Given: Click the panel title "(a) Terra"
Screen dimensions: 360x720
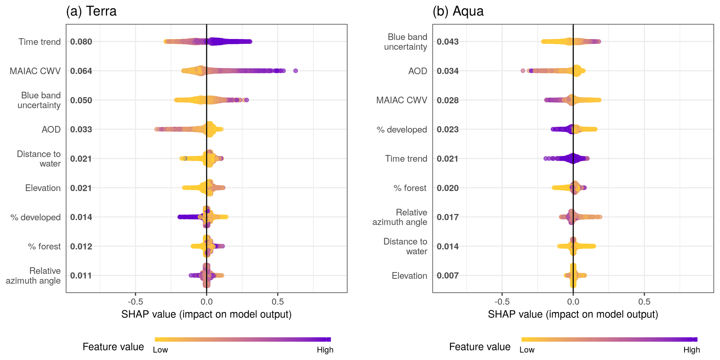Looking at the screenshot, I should coord(91,11).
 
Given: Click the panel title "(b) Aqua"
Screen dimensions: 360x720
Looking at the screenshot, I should coord(458,11).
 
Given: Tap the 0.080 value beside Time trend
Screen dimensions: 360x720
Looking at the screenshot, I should coord(81,42).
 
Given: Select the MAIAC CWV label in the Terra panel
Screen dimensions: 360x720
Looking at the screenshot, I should coord(35,71).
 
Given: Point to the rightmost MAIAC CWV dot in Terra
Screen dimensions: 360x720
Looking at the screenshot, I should coord(296,71).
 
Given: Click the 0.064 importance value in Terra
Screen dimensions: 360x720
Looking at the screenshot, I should coord(81,71).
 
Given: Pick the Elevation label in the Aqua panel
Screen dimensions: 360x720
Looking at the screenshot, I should coord(409,276).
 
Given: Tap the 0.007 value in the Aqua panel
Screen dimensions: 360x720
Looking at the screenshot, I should coord(448,276).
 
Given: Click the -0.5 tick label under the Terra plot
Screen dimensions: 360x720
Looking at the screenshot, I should coord(135,301).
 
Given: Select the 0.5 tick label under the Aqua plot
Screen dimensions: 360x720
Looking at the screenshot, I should coord(644,301).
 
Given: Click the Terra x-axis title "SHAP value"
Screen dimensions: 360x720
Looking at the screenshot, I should coord(206,314).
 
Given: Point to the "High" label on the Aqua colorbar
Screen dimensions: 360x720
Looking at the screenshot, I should coord(691,350).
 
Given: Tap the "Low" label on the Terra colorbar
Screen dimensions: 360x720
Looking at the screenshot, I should coord(160,350).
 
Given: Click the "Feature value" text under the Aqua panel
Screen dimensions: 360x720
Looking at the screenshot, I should coord(480,347).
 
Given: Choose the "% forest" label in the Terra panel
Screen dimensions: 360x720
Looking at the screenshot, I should coord(44,246).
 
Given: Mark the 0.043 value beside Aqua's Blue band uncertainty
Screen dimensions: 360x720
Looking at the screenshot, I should coord(448,42).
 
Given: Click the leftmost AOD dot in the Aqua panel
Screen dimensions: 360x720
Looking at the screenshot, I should coord(523,71).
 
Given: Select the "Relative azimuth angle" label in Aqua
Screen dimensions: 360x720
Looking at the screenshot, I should coord(400,217).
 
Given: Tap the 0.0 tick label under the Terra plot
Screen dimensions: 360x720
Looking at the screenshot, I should coord(207,301).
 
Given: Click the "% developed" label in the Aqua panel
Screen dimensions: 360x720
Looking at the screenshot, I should coord(402,130).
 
